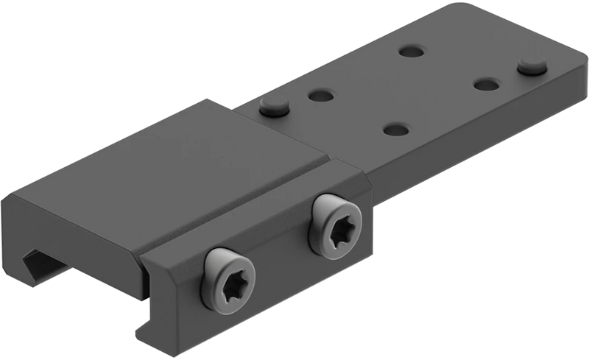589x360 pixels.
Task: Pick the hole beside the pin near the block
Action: (x=320, y=96)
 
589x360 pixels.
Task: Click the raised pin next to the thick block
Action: (x=275, y=107)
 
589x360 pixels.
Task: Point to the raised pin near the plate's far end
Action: (x=529, y=66)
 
